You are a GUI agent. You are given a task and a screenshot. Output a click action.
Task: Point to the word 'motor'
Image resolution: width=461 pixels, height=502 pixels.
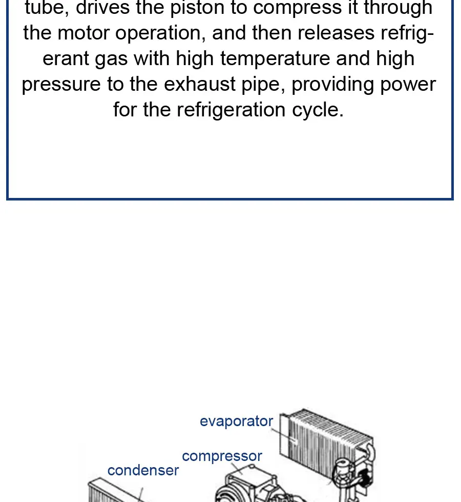tap(83, 33)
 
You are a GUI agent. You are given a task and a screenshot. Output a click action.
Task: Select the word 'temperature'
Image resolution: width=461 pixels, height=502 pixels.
tap(275, 59)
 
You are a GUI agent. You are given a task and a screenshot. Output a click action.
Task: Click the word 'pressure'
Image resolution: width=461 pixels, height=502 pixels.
tap(61, 85)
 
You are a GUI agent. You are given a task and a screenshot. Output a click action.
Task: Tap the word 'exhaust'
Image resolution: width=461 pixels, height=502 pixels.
tap(200, 84)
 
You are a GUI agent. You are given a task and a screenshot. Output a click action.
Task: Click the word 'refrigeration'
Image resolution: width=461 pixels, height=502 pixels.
tap(231, 110)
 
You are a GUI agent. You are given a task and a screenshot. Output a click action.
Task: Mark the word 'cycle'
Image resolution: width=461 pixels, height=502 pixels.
tap(318, 110)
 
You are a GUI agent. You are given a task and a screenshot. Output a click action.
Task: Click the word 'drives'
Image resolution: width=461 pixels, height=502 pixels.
tap(102, 8)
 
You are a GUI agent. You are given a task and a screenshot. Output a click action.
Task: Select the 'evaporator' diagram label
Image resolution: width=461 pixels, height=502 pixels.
tap(237, 421)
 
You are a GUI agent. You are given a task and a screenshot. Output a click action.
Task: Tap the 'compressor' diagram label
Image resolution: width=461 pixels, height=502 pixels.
tap(222, 456)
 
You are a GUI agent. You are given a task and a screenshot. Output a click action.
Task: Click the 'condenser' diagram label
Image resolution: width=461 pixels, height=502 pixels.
tap(143, 470)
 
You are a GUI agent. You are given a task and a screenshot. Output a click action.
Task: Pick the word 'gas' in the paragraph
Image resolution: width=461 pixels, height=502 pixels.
tap(112, 59)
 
